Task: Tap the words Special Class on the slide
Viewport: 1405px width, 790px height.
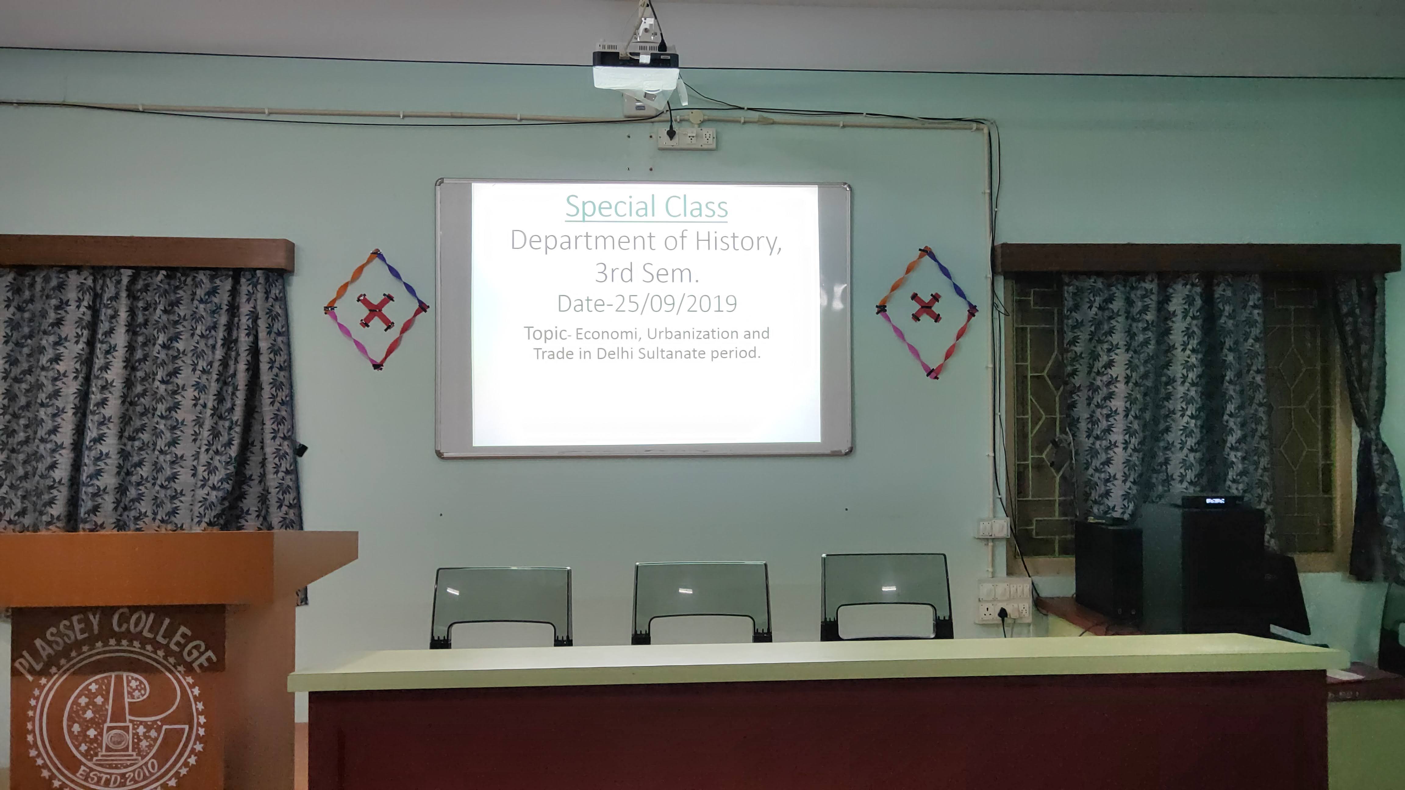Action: click(x=646, y=207)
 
